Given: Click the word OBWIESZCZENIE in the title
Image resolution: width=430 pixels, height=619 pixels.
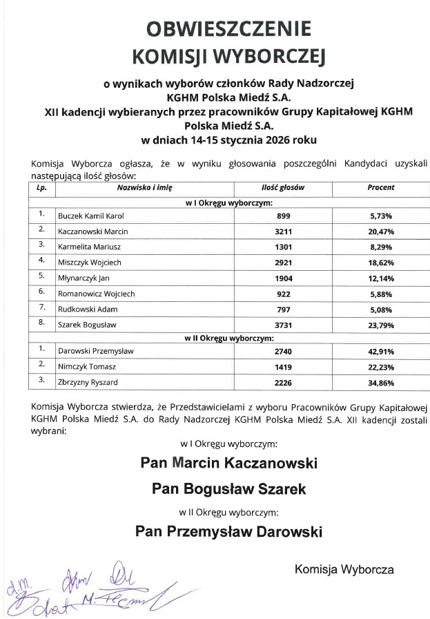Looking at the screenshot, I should click(228, 28).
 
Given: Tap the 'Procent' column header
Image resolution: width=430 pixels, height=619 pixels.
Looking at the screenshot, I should click(380, 187).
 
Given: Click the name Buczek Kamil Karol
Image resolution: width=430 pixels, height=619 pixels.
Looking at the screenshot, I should click(90, 216).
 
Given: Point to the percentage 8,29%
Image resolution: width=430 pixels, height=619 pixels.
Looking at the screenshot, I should click(380, 247).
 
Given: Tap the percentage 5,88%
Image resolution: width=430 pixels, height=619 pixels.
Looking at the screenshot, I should click(380, 294).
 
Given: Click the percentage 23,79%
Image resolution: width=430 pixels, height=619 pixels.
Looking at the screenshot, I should click(380, 325).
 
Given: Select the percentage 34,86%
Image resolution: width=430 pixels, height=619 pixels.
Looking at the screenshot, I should click(380, 383).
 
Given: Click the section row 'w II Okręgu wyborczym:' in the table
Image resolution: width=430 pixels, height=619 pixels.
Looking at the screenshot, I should click(228, 339).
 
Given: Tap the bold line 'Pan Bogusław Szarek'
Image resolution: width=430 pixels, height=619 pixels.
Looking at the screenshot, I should click(228, 489).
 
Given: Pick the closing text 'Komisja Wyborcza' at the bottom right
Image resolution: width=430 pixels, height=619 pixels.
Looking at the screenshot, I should click(344, 570).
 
